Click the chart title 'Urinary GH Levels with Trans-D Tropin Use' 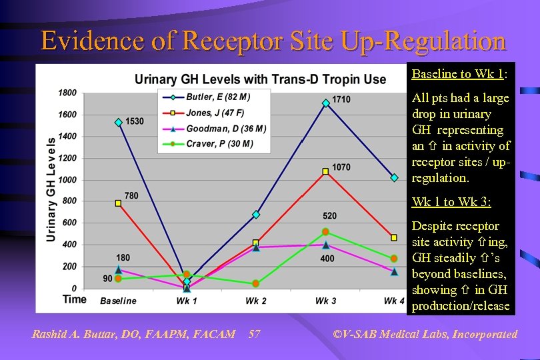tap(260, 79)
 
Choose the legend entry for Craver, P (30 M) tap(209, 144)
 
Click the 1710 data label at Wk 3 tap(341, 99)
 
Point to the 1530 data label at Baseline tap(135, 121)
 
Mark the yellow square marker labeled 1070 tap(325, 171)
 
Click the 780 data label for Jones tap(131, 195)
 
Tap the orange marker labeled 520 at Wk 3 tap(325, 232)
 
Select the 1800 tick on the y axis tap(67, 93)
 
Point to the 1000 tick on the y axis tap(67, 179)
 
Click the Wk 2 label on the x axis tap(255, 301)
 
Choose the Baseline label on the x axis tap(118, 301)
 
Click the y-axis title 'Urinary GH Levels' tap(51, 190)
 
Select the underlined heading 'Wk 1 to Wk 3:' tap(451, 201)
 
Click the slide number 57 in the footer tap(254, 334)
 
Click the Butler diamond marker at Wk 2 tap(255, 215)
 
